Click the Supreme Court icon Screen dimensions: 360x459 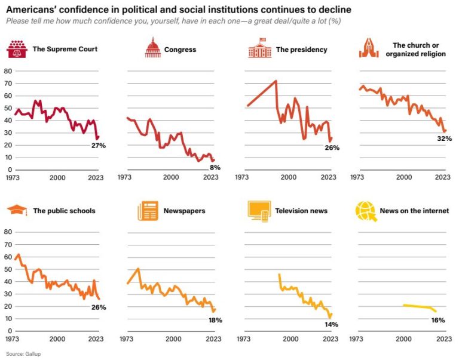click(17, 49)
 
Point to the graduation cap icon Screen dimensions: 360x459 click(17, 210)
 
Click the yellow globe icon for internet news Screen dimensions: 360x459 click(366, 210)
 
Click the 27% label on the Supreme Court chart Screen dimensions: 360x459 click(98, 146)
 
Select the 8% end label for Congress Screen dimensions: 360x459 click(215, 168)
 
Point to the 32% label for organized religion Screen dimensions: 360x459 click(444, 139)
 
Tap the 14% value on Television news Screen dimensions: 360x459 click(331, 324)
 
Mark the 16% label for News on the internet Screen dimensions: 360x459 click(438, 320)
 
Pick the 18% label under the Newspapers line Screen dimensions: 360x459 click(215, 320)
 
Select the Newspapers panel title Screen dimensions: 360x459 click(185, 211)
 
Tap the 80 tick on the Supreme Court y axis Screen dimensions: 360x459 click(8, 71)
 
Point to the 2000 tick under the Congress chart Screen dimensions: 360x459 click(171, 177)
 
